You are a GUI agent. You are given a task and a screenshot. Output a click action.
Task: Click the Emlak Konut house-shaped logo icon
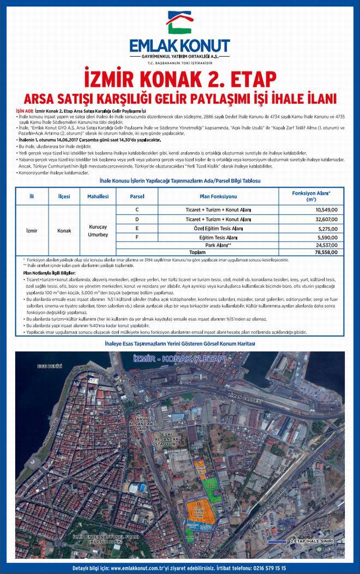(180, 23)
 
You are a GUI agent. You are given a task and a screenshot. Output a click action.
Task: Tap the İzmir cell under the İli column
(32, 230)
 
